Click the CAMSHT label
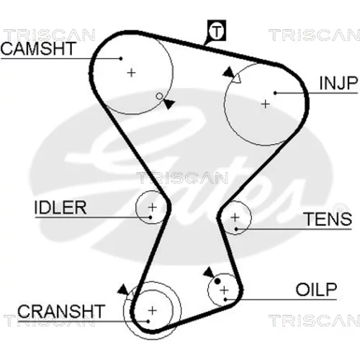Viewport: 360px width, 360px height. click(38, 48)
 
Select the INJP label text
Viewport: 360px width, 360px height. click(338, 84)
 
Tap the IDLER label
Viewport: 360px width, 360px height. click(60, 207)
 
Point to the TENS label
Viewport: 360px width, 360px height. click(328, 219)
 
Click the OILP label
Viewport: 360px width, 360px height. click(316, 289)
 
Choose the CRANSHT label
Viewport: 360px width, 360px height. click(61, 311)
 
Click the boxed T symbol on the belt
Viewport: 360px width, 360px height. click(217, 30)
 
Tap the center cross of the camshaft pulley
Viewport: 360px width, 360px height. click(131, 73)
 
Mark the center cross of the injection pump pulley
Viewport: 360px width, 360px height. click(266, 104)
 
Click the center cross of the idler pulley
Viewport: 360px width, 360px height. click(153, 207)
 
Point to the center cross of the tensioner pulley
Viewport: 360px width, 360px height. click(235, 217)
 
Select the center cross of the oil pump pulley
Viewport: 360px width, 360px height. click(225, 290)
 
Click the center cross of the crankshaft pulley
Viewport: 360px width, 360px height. click(153, 310)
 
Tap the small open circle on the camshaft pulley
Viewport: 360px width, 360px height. click(159, 96)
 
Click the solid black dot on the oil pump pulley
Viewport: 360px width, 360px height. click(217, 282)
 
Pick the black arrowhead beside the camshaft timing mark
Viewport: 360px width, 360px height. click(169, 104)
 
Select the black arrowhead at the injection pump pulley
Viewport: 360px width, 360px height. click(229, 72)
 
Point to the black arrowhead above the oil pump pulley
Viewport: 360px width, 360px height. click(209, 273)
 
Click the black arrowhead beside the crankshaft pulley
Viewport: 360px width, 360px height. click(123, 289)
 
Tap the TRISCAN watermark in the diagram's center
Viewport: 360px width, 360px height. click(182, 178)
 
